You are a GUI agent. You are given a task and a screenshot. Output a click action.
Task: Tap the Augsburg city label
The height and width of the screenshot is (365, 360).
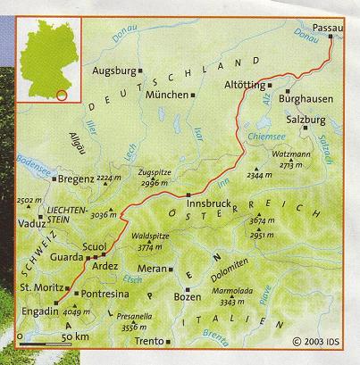point(113,69)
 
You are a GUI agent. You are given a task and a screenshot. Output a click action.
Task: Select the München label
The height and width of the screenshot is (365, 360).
point(165,94)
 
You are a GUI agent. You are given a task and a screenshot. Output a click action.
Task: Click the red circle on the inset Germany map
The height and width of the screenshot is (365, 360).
point(60,94)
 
